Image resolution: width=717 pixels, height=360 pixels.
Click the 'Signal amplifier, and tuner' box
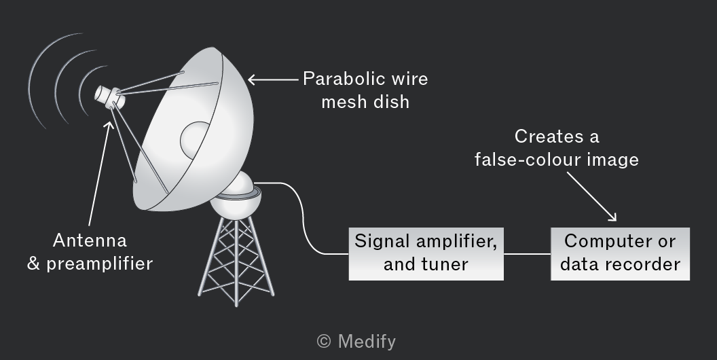click(x=426, y=254)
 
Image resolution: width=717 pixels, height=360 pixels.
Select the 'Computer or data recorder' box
click(x=620, y=254)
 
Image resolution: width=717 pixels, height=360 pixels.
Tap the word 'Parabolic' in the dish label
click(x=338, y=79)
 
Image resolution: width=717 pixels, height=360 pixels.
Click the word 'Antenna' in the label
click(x=90, y=240)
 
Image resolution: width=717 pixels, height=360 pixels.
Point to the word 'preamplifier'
click(x=100, y=264)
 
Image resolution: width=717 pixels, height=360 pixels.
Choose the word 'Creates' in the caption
click(x=543, y=137)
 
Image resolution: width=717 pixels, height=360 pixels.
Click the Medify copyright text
click(x=356, y=341)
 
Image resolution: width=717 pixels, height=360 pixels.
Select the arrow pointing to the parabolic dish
click(x=273, y=79)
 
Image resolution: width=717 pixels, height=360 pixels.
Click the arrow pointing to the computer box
click(x=591, y=197)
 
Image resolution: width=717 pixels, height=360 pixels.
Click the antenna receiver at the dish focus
click(x=109, y=97)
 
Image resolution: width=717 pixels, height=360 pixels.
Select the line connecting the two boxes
click(x=528, y=254)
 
